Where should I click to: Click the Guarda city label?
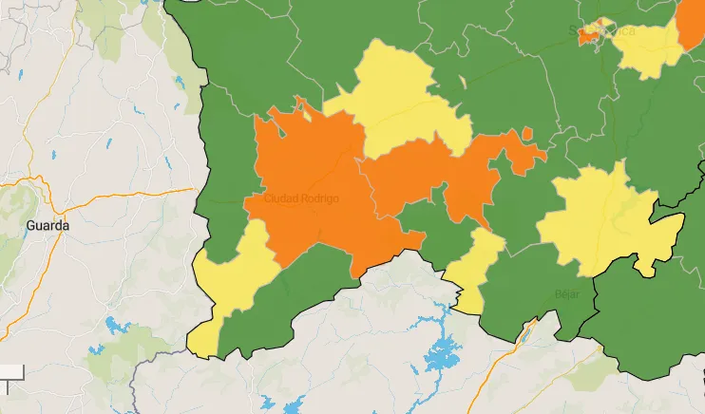coord(48,226)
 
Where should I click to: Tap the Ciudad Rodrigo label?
coord(300,198)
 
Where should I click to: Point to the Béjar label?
coord(567,293)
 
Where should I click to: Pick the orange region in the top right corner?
coord(692,24)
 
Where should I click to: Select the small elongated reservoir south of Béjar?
coord(524,332)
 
